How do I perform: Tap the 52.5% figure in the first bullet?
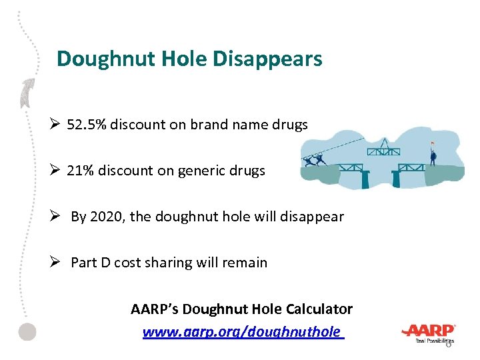(87, 125)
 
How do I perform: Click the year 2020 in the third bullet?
(104, 217)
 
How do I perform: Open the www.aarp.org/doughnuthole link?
(243, 332)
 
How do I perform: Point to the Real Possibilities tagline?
(434, 340)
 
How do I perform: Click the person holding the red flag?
(433, 155)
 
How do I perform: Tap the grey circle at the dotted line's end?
(27, 332)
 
